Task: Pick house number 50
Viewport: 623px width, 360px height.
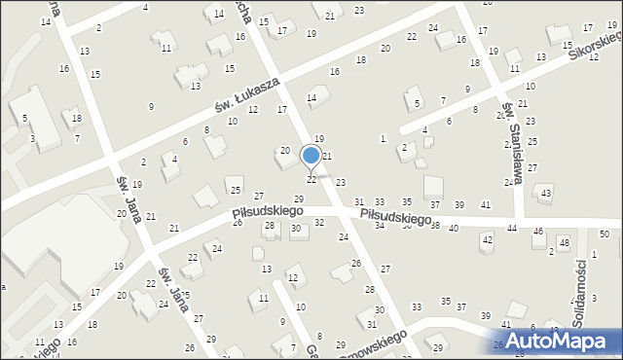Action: (x=604, y=234)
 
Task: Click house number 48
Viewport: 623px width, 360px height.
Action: (x=564, y=241)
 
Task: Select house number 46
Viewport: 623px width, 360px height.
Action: (x=538, y=232)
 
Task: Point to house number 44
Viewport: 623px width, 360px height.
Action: (x=512, y=228)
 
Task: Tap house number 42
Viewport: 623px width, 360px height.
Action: (x=487, y=239)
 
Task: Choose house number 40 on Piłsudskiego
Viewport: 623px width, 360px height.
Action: (x=453, y=228)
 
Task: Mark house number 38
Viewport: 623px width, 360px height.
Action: (x=435, y=226)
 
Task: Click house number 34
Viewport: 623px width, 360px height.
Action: (x=380, y=225)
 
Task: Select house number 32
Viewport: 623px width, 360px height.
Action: (x=319, y=224)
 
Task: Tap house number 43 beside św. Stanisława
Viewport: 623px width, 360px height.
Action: (x=545, y=194)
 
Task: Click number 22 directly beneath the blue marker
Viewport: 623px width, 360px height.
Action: (x=311, y=180)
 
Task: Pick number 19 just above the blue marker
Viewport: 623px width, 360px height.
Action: (x=319, y=140)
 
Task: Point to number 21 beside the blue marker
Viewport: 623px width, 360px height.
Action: (x=328, y=157)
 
